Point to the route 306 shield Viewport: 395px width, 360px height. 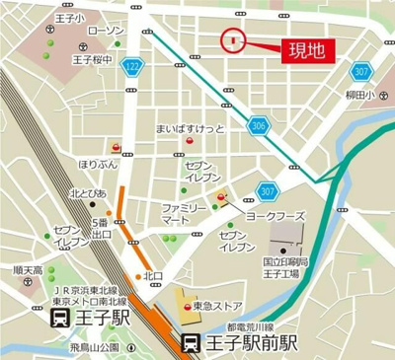coord(259,125)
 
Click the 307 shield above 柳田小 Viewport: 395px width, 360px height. coord(362,71)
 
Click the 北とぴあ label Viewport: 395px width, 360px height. coord(89,193)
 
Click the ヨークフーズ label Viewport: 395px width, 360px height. coord(269,215)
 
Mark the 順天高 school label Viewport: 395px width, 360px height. coord(28,270)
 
